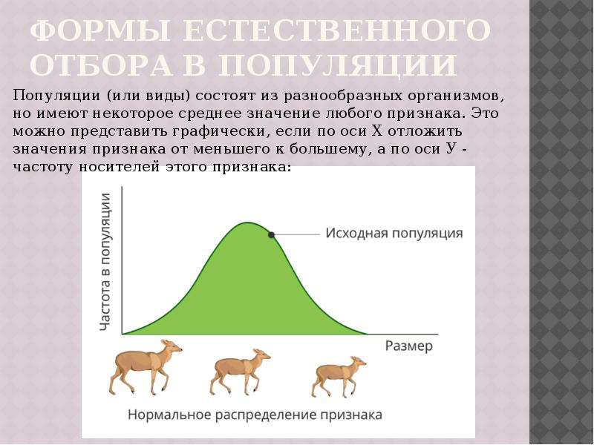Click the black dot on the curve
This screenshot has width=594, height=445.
pyautogui.click(x=272, y=234)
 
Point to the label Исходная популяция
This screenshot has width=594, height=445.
pyautogui.click(x=394, y=233)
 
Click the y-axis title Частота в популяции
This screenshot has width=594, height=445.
pyautogui.click(x=105, y=261)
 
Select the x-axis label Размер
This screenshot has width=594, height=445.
pyautogui.click(x=408, y=346)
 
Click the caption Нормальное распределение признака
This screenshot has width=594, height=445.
pyautogui.click(x=255, y=415)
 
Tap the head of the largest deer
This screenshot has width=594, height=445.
pyautogui.click(x=172, y=347)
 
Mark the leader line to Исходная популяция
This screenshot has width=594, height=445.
pyautogui.click(x=297, y=234)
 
